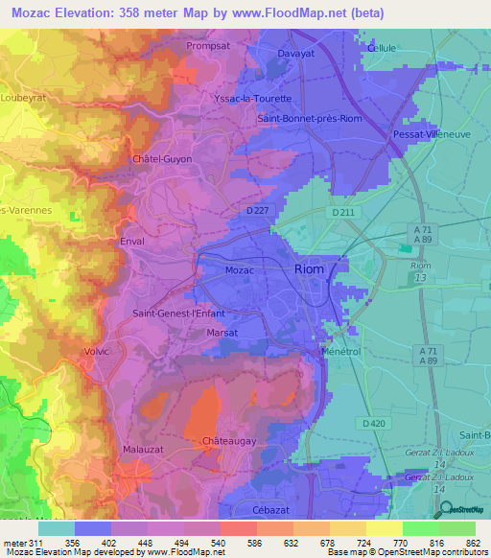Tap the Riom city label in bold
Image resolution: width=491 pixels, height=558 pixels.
click(x=310, y=270)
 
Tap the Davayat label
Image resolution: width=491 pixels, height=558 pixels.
click(x=296, y=54)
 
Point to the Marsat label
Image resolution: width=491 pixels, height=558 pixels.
click(x=222, y=333)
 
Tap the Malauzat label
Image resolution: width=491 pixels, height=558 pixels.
click(x=143, y=449)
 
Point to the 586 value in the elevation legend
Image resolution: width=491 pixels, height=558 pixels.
click(x=238, y=542)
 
